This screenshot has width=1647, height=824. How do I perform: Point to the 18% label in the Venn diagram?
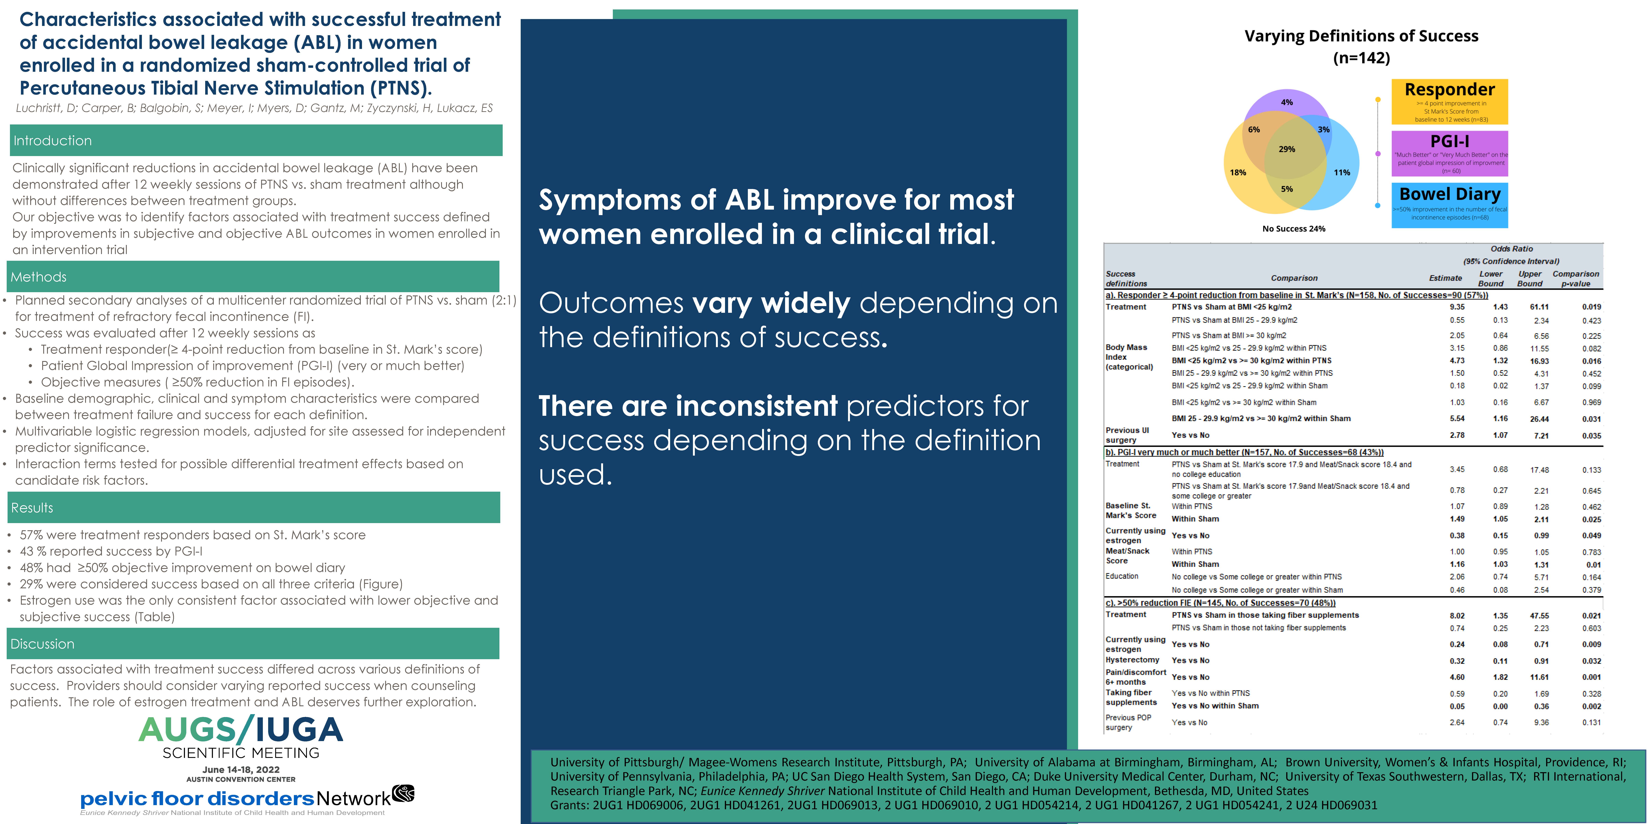pyautogui.click(x=1238, y=172)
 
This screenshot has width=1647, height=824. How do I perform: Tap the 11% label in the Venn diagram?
pyautogui.click(x=1342, y=172)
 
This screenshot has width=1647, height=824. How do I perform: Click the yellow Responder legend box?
pyautogui.click(x=1449, y=102)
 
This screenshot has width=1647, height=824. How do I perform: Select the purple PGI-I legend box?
pyautogui.click(x=1449, y=153)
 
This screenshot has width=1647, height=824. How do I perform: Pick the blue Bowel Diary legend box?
pyautogui.click(x=1449, y=205)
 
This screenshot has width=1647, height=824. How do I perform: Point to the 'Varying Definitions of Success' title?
pyautogui.click(x=1361, y=36)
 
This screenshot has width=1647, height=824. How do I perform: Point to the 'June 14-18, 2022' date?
pyautogui.click(x=241, y=770)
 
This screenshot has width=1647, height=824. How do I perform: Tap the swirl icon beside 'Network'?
pyautogui.click(x=404, y=793)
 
